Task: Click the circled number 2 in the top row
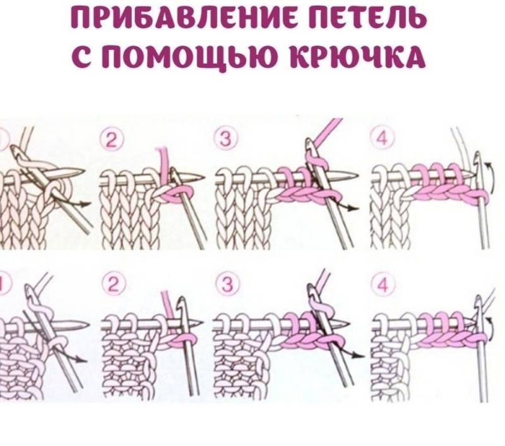(x=111, y=140)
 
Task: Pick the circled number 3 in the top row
(x=226, y=139)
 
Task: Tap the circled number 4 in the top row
(x=383, y=139)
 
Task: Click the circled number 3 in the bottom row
(x=228, y=284)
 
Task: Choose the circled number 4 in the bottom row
(x=383, y=284)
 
